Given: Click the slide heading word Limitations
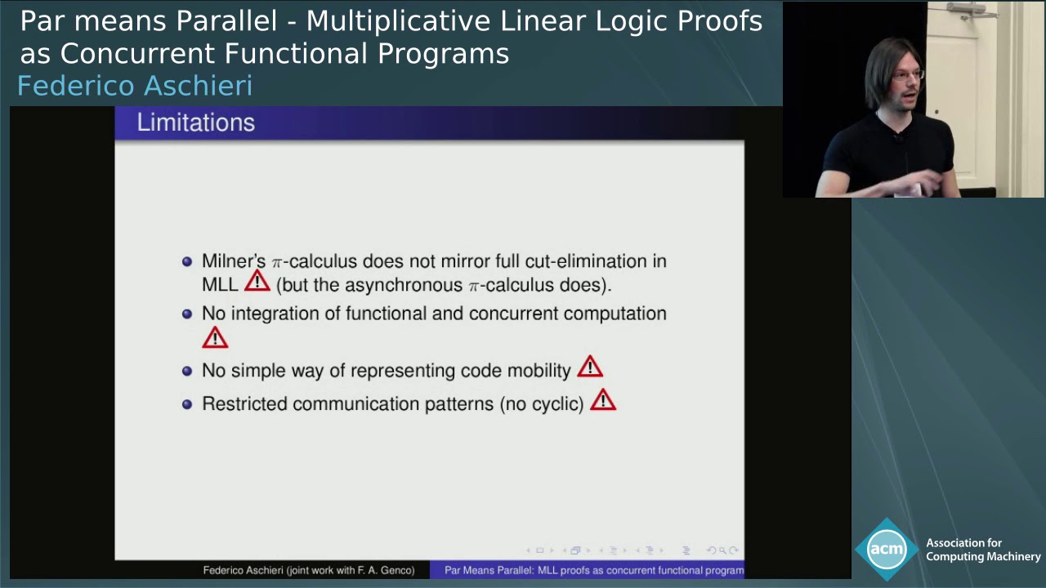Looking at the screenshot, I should tap(195, 122).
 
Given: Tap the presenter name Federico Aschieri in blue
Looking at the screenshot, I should tap(135, 86).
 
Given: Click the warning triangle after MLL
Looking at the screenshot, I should tap(257, 282).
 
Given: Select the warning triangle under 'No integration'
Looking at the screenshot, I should tap(215, 337).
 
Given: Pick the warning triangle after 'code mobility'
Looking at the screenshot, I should tap(590, 367).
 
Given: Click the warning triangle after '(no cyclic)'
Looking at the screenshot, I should tap(603, 400).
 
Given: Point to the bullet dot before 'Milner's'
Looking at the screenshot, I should tap(187, 261).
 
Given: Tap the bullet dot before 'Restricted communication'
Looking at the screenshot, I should tap(187, 404).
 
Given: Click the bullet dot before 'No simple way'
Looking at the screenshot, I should tap(187, 371).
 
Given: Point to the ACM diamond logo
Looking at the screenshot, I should tap(887, 549).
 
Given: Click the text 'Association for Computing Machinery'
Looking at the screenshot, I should tap(982, 550).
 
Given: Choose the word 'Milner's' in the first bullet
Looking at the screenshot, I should tap(234, 261).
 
